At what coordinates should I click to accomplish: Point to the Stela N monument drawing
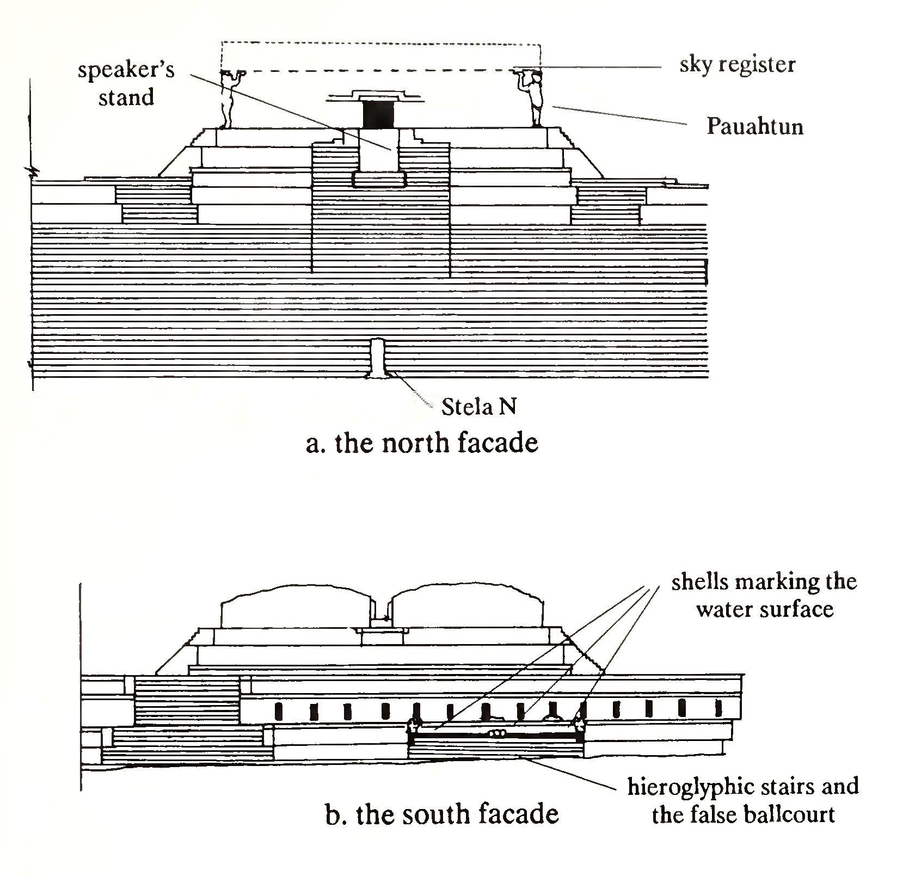click(377, 358)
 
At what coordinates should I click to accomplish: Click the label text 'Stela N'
click(478, 407)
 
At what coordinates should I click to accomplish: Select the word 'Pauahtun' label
click(755, 127)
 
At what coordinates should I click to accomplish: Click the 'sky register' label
click(737, 65)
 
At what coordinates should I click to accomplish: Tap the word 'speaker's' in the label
click(126, 71)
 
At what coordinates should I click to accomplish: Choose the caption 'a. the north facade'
click(422, 443)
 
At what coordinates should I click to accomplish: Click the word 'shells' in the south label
click(699, 582)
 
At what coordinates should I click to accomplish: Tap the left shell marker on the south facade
click(413, 725)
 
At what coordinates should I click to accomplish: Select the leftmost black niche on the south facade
click(280, 710)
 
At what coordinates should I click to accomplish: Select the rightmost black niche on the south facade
click(718, 708)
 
